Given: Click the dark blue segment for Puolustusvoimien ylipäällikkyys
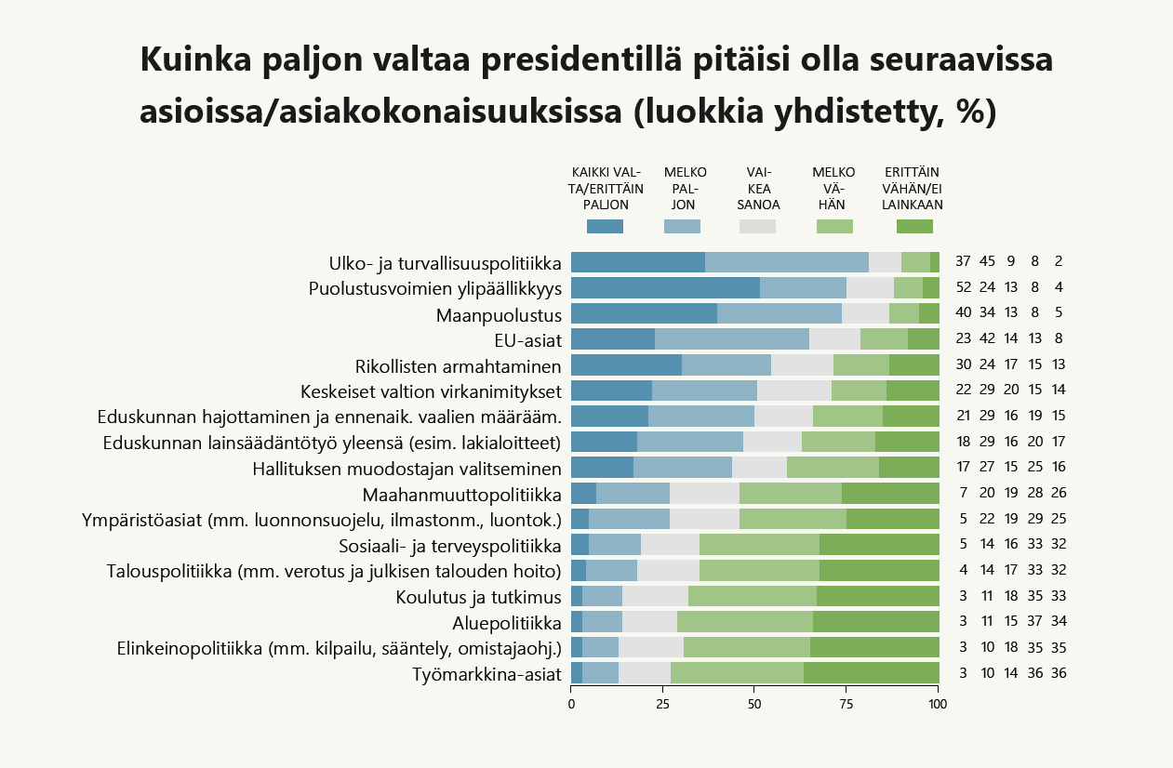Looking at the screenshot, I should (665, 288).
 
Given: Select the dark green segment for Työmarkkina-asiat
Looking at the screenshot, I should (871, 673).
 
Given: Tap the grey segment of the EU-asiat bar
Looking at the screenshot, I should (834, 339).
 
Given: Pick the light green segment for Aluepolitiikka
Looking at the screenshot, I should (744, 622).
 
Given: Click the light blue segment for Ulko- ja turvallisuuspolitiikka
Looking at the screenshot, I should (786, 262).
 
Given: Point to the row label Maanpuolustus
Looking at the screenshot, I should (499, 314).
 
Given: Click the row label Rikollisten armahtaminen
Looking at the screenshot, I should (458, 365).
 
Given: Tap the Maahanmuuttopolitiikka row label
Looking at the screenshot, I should (461, 494).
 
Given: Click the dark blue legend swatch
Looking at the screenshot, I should (605, 226).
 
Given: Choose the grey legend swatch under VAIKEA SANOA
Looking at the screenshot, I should (757, 226).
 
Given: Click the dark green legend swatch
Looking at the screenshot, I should (913, 226).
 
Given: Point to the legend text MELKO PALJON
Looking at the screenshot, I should (686, 188).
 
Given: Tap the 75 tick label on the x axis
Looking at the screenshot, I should (846, 705).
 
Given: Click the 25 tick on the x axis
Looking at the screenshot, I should (663, 705).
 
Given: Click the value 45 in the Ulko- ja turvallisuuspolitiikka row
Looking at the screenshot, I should (988, 262).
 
